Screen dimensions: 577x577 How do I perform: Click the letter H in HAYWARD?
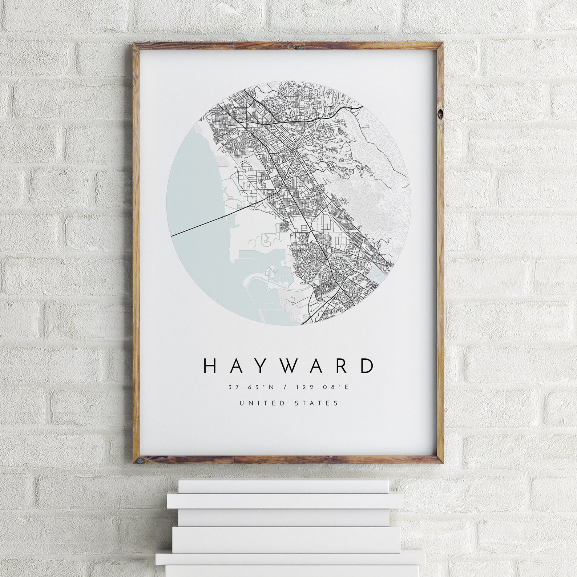coord(211,366)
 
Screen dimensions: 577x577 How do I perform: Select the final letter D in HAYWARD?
coord(367,366)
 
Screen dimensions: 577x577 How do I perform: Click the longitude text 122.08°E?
coord(322,387)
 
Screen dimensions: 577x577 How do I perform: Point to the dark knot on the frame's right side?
coord(440,114)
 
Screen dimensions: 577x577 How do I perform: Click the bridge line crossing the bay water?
coord(203,224)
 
